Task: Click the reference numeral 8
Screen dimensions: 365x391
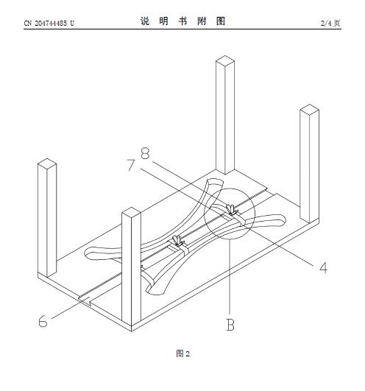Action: click(145, 153)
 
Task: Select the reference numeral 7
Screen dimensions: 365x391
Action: click(131, 165)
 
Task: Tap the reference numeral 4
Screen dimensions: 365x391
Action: click(323, 268)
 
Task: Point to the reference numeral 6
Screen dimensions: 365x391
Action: click(43, 321)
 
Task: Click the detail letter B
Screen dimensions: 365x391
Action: click(230, 325)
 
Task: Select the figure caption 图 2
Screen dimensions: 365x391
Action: click(182, 353)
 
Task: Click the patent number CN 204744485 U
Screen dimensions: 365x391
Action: click(49, 23)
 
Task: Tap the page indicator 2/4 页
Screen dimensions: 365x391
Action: click(330, 23)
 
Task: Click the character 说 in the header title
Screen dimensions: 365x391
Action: click(145, 21)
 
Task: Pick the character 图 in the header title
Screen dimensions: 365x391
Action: click(221, 21)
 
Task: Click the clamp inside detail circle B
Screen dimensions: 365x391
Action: click(233, 210)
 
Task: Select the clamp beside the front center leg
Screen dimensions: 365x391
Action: click(179, 241)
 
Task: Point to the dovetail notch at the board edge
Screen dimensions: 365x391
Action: click(86, 300)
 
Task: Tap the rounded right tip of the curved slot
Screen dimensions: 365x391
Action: click(283, 219)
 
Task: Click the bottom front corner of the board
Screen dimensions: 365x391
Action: click(131, 331)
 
